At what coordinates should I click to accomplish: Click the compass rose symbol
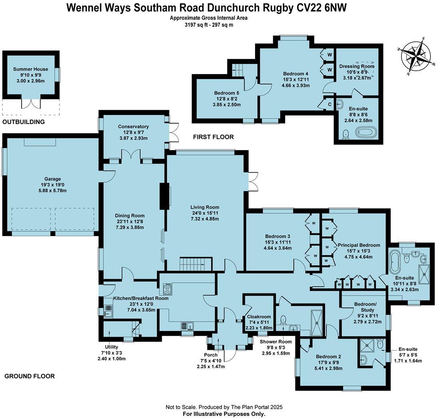coord(416,56)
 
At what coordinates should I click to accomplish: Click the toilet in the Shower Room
coord(283,319)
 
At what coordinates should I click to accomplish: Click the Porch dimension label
coord(210,361)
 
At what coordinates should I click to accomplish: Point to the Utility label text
coord(112,347)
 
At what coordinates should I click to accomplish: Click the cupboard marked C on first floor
coord(329,104)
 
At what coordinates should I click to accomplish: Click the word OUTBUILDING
coord(23,122)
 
